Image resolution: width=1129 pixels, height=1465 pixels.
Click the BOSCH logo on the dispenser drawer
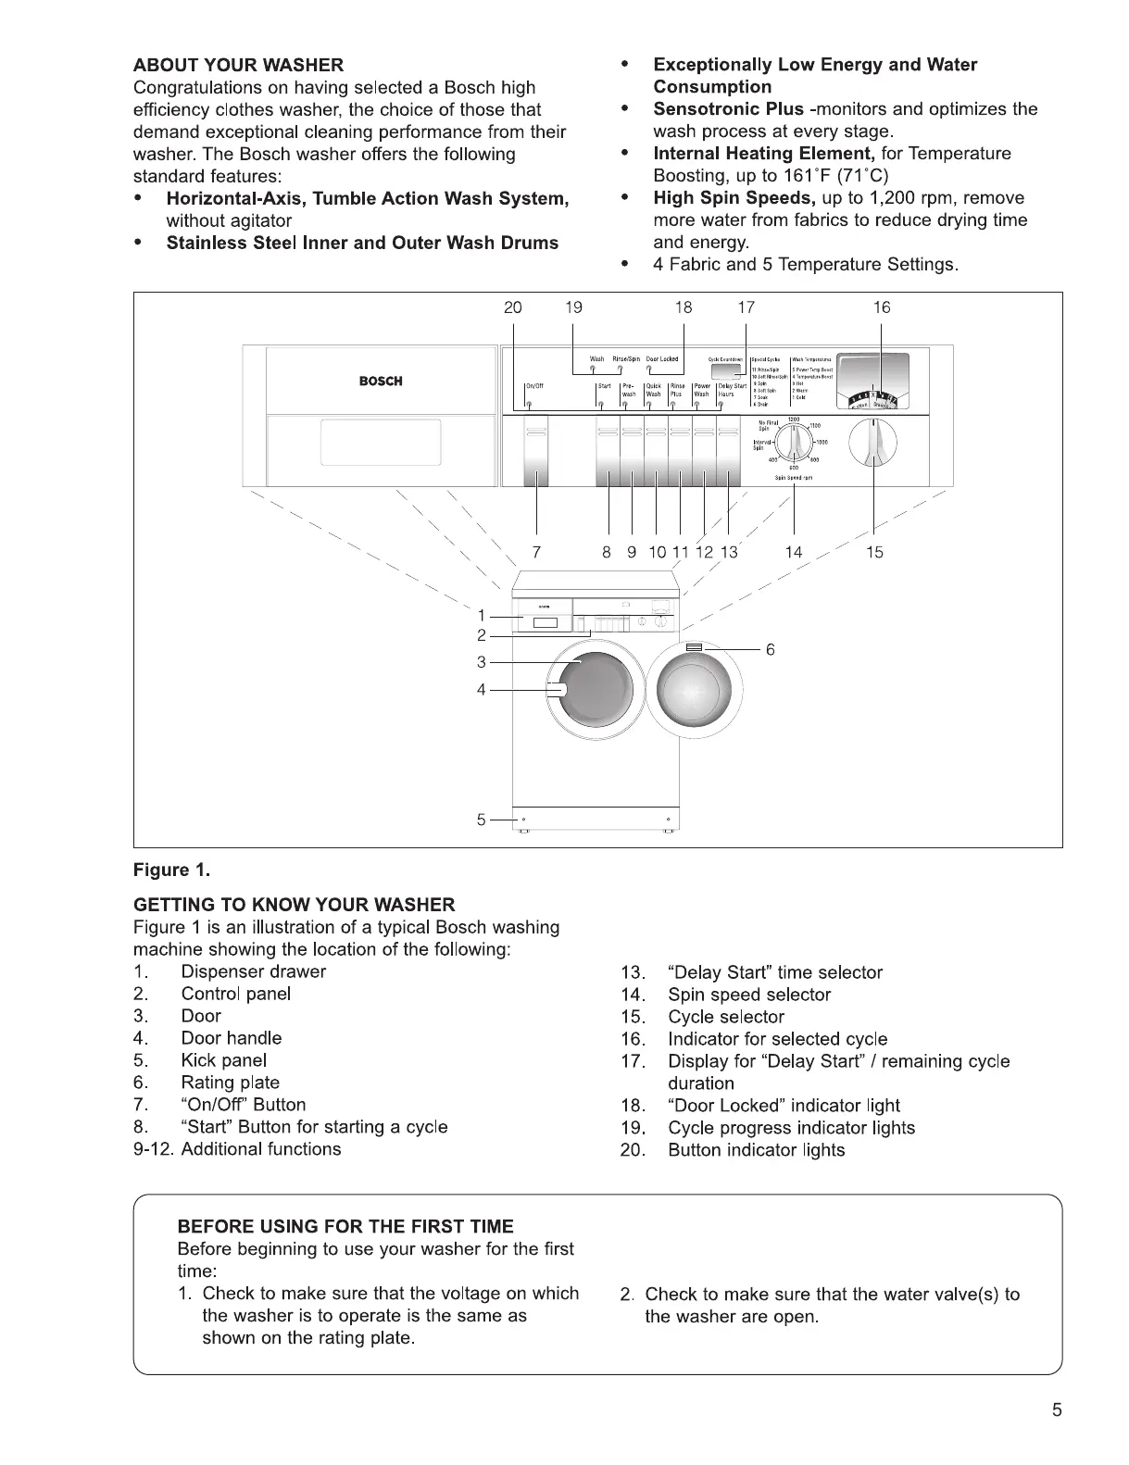click(x=381, y=382)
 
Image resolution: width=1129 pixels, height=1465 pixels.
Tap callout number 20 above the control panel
click(x=512, y=307)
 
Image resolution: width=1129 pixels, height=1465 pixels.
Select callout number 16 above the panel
click(x=881, y=307)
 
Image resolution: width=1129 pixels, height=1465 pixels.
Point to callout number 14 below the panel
click(x=794, y=553)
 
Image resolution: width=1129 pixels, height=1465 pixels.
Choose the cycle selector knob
click(x=873, y=444)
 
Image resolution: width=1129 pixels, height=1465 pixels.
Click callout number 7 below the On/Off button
click(x=537, y=553)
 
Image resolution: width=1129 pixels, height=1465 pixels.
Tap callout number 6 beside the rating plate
click(x=770, y=650)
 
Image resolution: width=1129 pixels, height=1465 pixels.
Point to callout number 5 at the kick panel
click(x=481, y=820)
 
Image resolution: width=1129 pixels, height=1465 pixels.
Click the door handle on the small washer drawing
click(x=558, y=690)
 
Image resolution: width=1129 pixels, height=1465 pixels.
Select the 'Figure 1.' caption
click(x=172, y=870)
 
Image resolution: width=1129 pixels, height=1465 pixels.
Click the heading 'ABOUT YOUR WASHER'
click(x=238, y=65)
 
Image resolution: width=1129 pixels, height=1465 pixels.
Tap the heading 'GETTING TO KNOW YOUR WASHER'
click(x=295, y=905)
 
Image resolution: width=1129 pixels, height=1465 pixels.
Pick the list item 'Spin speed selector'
click(x=749, y=995)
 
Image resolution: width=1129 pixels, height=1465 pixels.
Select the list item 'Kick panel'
click(x=224, y=1060)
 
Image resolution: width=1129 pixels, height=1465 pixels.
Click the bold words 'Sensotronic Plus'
click(x=728, y=109)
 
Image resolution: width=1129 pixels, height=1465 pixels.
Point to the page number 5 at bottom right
click(x=1057, y=1411)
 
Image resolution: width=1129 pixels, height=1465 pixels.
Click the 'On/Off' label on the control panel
click(x=534, y=386)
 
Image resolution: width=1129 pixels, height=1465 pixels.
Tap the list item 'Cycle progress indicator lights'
click(x=791, y=1128)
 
